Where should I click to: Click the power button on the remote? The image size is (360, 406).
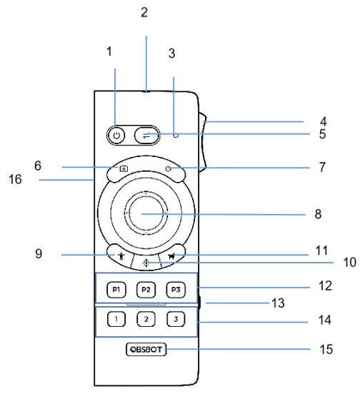coord(116,133)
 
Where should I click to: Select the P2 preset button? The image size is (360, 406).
coord(145,290)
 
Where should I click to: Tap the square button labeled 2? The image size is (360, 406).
coord(145,320)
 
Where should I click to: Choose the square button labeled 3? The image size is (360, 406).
coord(175,320)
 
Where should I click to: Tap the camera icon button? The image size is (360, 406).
coord(123,169)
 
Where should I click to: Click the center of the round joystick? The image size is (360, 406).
coord(145,213)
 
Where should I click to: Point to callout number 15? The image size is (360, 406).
coord(326,350)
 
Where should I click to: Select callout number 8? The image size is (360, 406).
coord(319,213)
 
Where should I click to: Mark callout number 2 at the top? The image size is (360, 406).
coord(144,12)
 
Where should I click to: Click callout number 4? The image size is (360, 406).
coord(324,122)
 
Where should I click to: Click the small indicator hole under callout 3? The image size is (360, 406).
coord(175,133)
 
